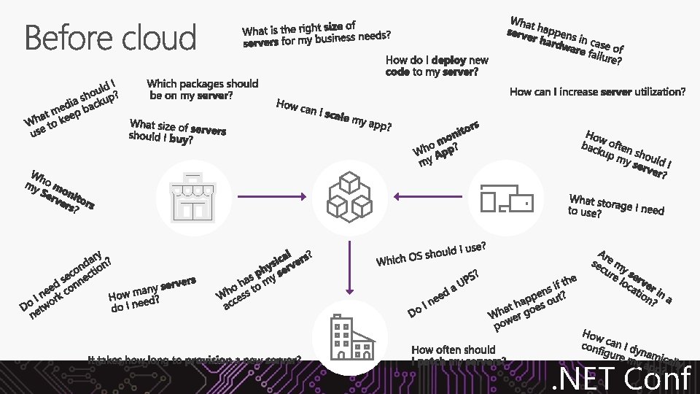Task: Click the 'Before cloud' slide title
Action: click(x=111, y=38)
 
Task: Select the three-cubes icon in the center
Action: click(x=348, y=196)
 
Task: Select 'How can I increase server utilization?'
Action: click(x=597, y=92)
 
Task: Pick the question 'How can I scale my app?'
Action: click(x=334, y=117)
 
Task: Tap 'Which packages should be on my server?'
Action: click(x=202, y=90)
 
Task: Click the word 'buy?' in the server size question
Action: click(x=181, y=139)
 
